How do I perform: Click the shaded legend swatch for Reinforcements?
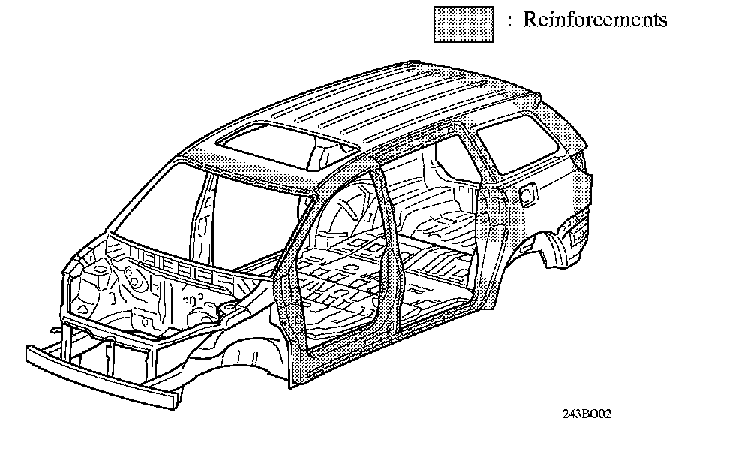(x=463, y=24)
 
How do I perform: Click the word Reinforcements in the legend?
(x=594, y=20)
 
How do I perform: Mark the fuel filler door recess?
(x=528, y=194)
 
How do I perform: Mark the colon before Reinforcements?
(x=509, y=21)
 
